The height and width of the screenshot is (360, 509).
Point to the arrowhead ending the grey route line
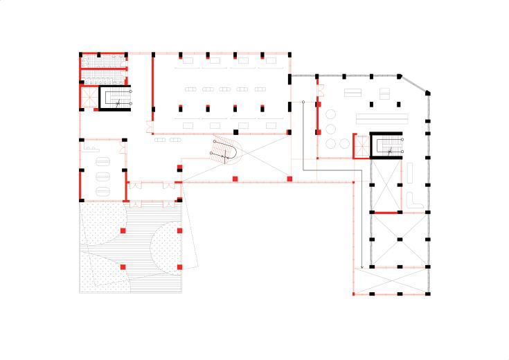click(362, 267)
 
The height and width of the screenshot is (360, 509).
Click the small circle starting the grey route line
click(303, 102)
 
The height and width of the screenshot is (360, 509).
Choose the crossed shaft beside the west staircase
click(89, 98)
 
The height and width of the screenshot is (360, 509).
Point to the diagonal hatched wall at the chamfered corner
click(416, 82)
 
